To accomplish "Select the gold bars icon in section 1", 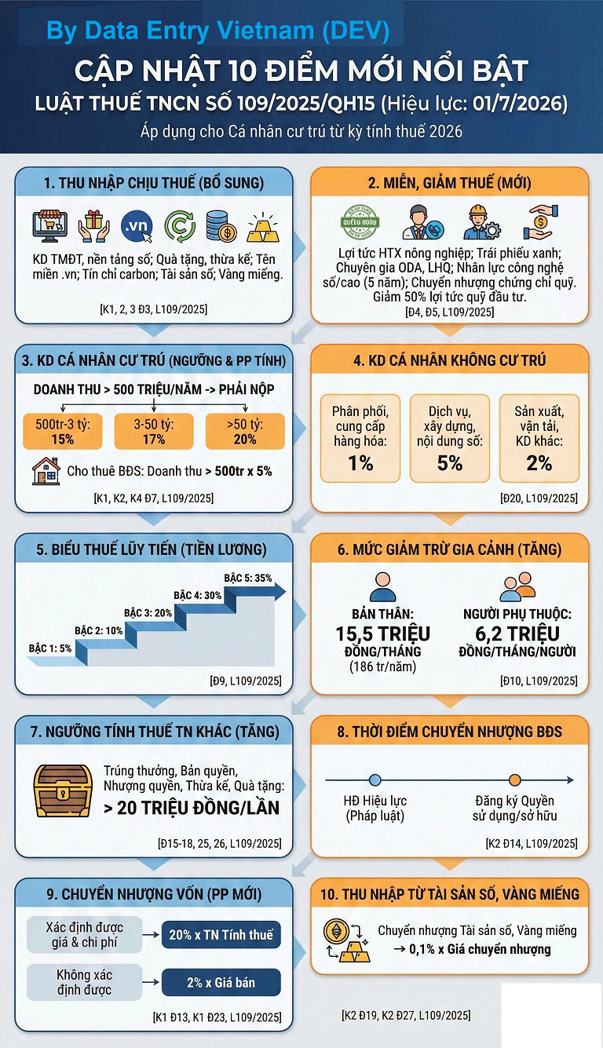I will pos(263,227).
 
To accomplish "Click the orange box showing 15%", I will pos(63,431).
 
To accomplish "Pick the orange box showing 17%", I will pos(154,431).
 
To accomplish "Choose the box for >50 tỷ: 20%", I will pos(245,431).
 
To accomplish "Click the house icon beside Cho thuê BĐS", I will pos(46,471).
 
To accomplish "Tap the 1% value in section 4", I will pos(360,463).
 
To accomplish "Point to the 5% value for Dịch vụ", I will pos(450,463).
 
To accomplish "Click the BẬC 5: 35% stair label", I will pos(248,579).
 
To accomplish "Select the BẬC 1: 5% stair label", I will pos(50,648).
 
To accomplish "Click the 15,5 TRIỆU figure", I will pos(382,634).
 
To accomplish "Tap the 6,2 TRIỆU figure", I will pos(517,634).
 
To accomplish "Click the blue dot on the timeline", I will pos(375,780).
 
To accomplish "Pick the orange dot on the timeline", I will pos(514,780).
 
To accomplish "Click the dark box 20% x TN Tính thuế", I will pos(221,935).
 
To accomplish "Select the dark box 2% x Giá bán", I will pos(221,981).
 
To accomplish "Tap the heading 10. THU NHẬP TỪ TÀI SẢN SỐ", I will pos(450,893).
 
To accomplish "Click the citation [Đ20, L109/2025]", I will pos(539,498).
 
